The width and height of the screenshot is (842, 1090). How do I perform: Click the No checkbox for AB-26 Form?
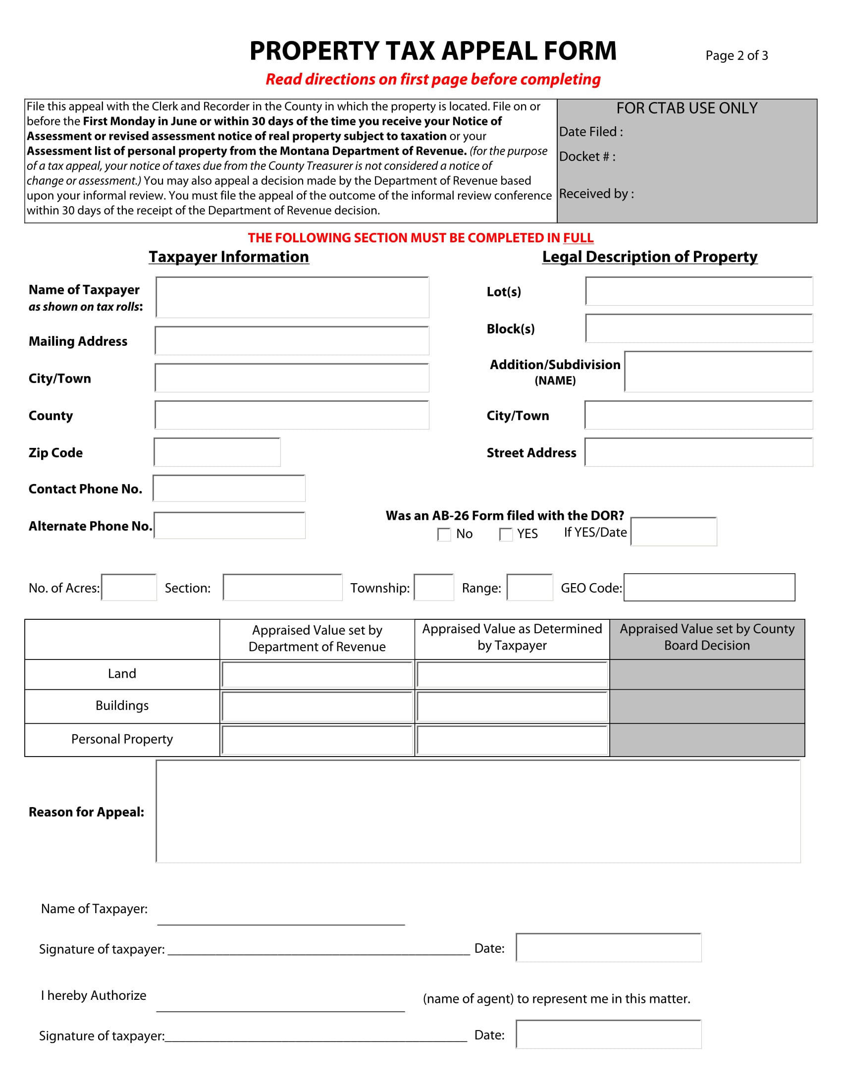tap(443, 535)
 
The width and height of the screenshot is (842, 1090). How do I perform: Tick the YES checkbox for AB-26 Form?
tap(505, 535)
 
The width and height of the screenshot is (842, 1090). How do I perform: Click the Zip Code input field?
tap(217, 452)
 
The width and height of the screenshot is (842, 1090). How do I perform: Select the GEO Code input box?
tap(709, 588)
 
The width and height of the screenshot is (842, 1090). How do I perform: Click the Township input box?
tap(433, 588)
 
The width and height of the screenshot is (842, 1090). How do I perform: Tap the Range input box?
tap(529, 588)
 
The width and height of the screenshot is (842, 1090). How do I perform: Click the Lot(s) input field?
tap(698, 291)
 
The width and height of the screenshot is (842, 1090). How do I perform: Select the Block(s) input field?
tap(698, 328)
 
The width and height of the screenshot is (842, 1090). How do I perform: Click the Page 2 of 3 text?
tap(736, 55)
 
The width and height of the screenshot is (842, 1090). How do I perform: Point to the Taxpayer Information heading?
tap(229, 257)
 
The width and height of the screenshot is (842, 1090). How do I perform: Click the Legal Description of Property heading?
tap(649, 257)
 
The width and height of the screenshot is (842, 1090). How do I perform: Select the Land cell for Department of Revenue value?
tap(317, 675)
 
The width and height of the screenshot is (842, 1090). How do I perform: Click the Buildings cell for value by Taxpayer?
tap(512, 707)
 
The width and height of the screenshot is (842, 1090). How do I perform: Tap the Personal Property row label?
tap(122, 739)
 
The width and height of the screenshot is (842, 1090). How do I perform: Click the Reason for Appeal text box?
tap(478, 812)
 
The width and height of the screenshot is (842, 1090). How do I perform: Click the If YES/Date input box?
tap(674, 532)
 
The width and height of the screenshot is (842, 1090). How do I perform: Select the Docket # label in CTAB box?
tap(587, 157)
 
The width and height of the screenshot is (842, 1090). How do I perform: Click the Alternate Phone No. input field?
tap(229, 526)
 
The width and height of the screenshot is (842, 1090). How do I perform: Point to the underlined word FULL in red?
tap(578, 238)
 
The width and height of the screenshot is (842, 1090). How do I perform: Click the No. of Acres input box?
tap(129, 588)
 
